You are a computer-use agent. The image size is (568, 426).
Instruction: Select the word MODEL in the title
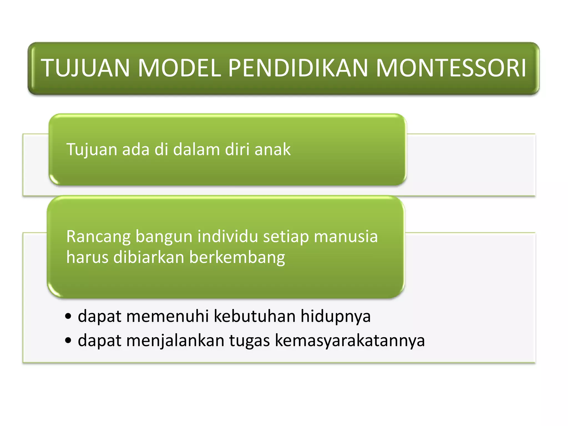point(179,68)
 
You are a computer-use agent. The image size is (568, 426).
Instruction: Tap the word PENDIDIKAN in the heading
point(298,68)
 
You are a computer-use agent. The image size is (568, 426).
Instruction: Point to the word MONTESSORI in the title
point(451,68)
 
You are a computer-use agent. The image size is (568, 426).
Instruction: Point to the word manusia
point(346,237)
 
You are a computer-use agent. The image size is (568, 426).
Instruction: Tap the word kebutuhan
point(255,316)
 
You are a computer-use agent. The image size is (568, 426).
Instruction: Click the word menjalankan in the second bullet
point(175,341)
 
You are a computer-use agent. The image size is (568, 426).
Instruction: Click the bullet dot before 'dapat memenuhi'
point(68,317)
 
